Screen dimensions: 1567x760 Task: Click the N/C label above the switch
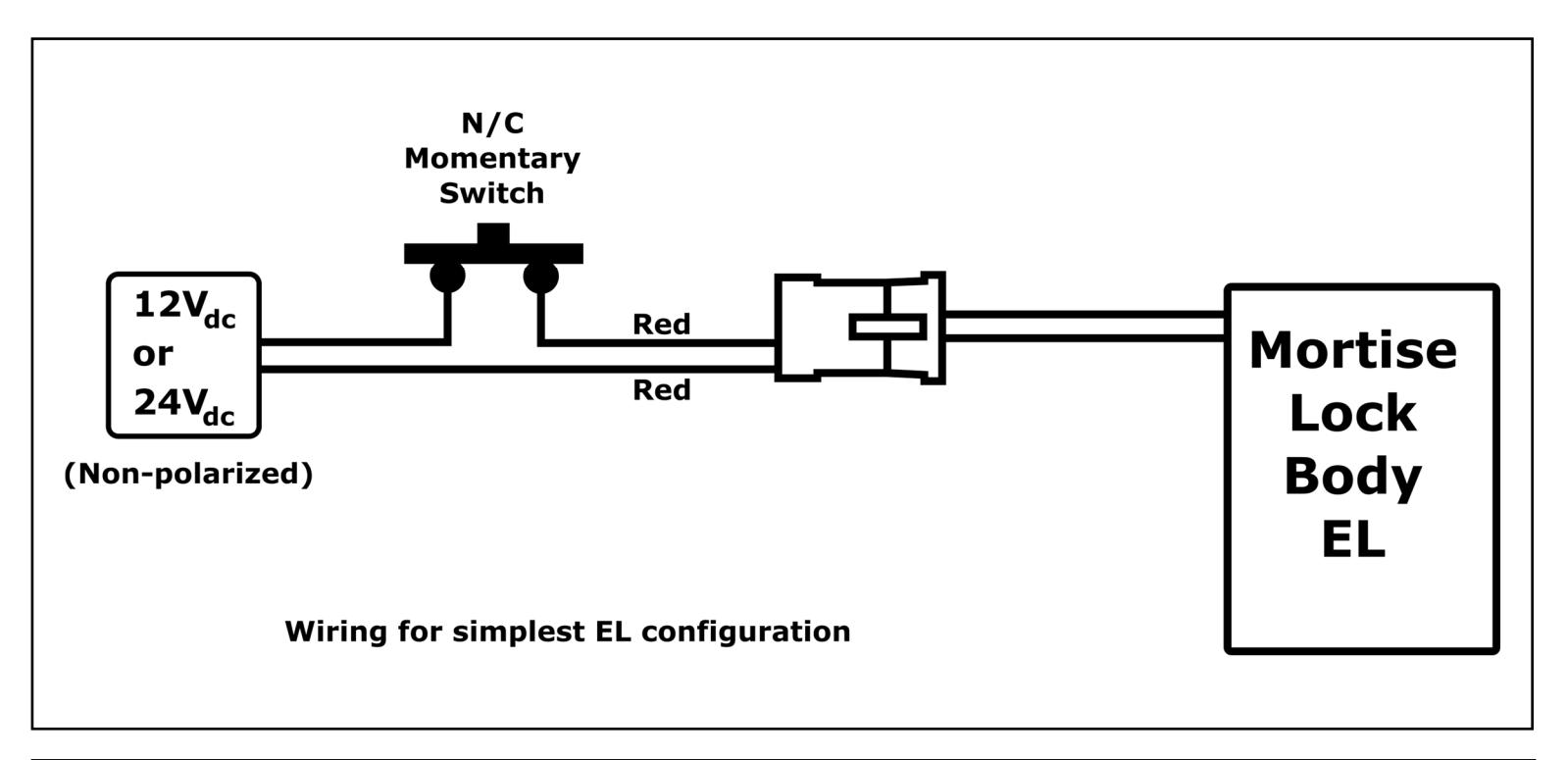492,124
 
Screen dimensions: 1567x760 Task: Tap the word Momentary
492,159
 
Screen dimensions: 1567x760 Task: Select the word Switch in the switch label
492,193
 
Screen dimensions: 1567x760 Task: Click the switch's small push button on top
493,233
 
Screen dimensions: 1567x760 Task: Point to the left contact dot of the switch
448,277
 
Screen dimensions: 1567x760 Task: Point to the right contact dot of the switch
540,277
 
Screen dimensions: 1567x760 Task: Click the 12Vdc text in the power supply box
184,309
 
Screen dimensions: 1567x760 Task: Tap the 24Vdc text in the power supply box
184,407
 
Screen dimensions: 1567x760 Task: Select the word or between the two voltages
153,355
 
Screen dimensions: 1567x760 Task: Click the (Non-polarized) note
188,475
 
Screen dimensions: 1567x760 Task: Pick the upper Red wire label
662,325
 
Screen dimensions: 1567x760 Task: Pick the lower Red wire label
662,390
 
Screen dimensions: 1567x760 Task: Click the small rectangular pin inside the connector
887,327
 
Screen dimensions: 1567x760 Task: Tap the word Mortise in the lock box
1353,350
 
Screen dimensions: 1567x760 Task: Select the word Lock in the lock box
1353,413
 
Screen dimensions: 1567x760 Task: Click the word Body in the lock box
1353,478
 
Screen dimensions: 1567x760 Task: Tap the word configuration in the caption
745,633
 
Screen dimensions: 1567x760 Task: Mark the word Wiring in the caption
336,633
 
